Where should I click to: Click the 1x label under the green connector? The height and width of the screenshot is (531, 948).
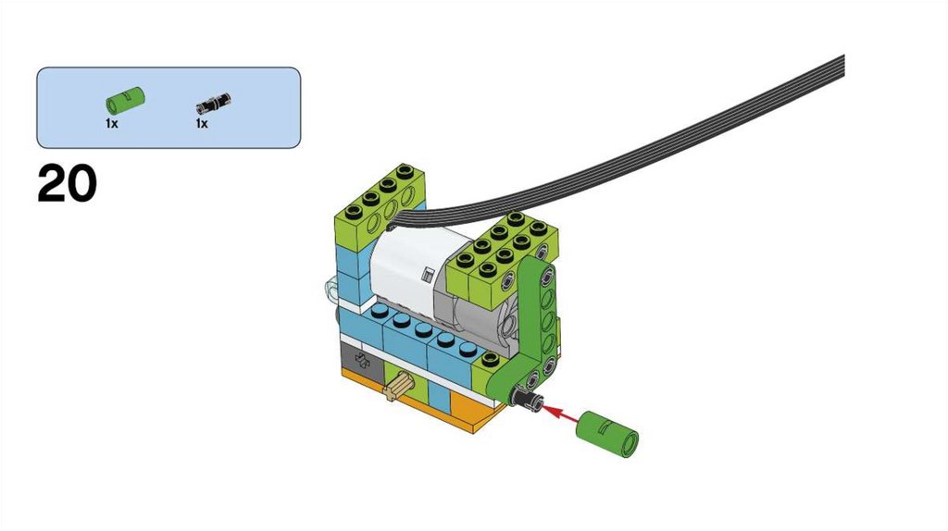111,122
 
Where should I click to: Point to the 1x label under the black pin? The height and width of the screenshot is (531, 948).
201,122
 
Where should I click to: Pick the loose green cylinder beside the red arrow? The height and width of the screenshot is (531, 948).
607,431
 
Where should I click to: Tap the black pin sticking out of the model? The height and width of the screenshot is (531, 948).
528,400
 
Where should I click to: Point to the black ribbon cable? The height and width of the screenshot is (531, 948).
648,148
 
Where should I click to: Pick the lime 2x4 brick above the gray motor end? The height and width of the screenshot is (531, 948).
500,254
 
